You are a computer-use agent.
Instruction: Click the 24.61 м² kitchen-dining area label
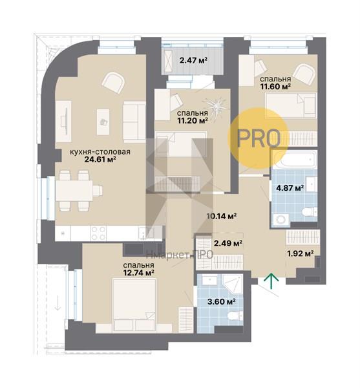tap(100, 159)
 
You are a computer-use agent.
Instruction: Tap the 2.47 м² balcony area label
tap(193, 60)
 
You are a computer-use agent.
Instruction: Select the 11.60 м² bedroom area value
tap(275, 87)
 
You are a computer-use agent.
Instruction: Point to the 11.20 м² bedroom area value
tap(192, 120)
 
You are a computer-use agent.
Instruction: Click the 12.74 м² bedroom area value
tap(139, 273)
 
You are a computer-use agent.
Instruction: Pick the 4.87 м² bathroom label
tap(290, 188)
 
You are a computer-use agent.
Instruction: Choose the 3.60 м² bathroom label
tap(221, 301)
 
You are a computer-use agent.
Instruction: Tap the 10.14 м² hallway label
tap(222, 216)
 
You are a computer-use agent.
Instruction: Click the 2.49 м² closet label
tap(228, 243)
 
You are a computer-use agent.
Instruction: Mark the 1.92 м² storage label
tap(301, 253)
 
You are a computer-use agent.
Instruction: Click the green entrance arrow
tap(271, 281)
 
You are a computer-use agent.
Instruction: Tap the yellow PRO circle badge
tap(259, 138)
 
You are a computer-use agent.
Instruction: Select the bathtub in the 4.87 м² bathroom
tap(295, 159)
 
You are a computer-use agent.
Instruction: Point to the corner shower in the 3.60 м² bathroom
tap(232, 284)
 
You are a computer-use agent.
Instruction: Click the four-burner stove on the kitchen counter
tap(98, 233)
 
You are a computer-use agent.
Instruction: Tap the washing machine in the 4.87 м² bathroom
tap(281, 220)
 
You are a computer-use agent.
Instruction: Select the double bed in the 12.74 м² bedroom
tap(134, 305)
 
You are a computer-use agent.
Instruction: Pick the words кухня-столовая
tap(100, 152)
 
